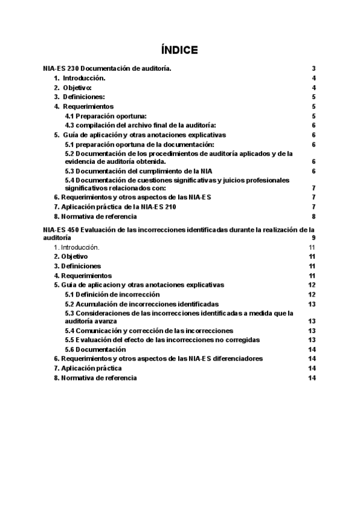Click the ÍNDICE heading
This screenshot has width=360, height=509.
tap(179, 50)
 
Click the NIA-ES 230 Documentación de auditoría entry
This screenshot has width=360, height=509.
tap(107, 69)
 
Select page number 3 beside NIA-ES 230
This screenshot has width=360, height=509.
tap(314, 69)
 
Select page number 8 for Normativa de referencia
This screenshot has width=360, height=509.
tap(314, 216)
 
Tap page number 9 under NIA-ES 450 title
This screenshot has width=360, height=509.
tap(314, 238)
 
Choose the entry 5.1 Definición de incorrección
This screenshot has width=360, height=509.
tap(112, 294)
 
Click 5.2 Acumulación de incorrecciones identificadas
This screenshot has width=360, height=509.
tap(142, 304)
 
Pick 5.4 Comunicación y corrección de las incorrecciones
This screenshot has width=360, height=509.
tap(149, 331)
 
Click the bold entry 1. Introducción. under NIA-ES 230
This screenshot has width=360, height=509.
tap(79, 79)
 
